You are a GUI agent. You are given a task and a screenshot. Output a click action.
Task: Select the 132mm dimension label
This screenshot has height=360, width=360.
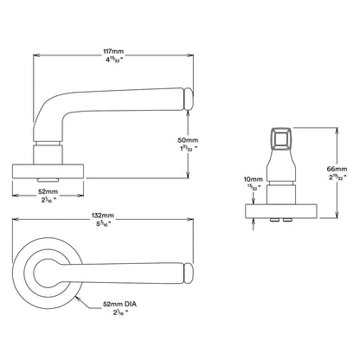(x=102, y=215)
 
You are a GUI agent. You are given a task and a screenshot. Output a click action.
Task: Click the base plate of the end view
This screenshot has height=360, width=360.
(x=285, y=212)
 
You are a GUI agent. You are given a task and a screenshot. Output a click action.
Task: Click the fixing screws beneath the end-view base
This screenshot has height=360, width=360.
(x=285, y=222)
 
